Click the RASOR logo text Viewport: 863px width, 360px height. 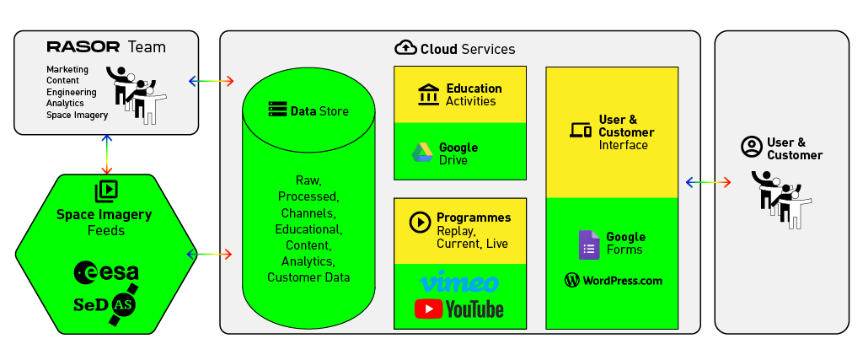[x=83, y=46]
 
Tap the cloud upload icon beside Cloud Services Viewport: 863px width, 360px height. [x=405, y=48]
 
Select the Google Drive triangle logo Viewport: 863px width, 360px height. [x=423, y=153]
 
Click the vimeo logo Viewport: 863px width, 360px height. [x=459, y=282]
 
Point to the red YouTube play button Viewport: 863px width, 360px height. [x=428, y=309]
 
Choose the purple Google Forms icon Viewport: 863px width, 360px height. [x=589, y=245]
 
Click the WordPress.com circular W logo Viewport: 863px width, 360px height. [x=572, y=280]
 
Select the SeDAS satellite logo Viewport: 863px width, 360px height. [x=105, y=304]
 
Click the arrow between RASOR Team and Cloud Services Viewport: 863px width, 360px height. [x=212, y=82]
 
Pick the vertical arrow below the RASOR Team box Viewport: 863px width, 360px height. [x=106, y=153]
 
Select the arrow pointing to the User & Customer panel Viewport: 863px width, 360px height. [x=708, y=182]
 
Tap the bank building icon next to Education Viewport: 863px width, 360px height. [x=429, y=94]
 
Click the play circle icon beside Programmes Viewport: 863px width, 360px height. [x=420, y=222]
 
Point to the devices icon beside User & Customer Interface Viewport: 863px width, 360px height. [x=580, y=131]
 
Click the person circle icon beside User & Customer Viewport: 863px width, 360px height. [x=751, y=147]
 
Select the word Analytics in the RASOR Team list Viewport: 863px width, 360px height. [x=65, y=103]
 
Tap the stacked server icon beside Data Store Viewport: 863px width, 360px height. [x=278, y=109]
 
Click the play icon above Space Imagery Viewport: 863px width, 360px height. [x=106, y=191]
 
